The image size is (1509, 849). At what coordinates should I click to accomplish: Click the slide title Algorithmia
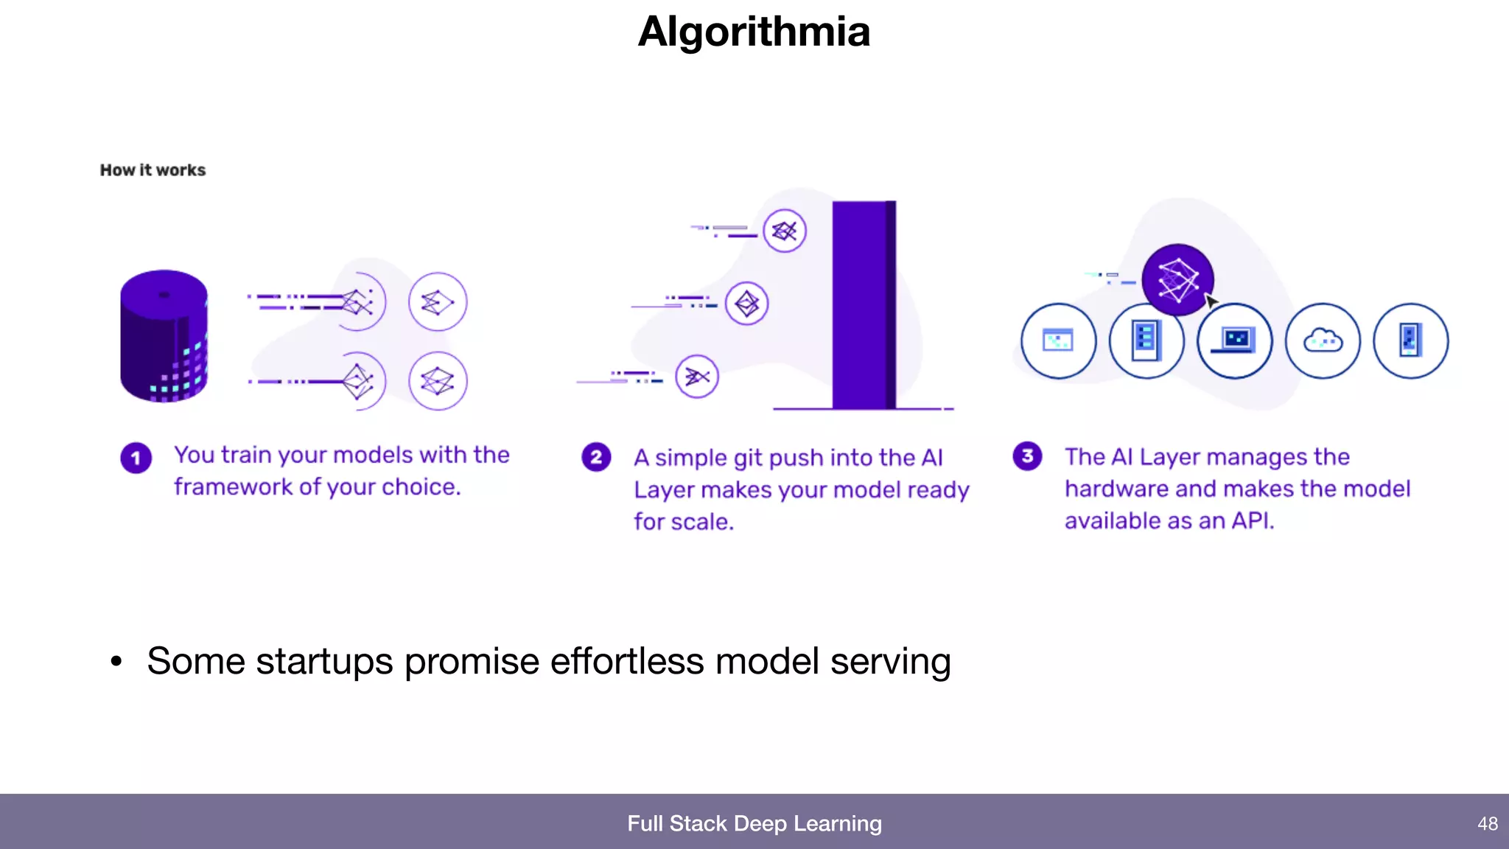tap(754, 32)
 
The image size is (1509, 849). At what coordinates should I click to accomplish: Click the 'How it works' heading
tap(153, 170)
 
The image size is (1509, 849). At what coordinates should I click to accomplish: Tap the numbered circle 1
tap(136, 458)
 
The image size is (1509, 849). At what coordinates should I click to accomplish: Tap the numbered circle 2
tap(596, 457)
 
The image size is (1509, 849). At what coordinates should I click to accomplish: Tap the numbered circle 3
tap(1027, 456)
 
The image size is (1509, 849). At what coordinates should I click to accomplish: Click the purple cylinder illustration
tap(164, 336)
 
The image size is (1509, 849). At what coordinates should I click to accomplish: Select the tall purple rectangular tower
tap(864, 304)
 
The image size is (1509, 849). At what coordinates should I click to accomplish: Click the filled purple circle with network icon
tap(1177, 279)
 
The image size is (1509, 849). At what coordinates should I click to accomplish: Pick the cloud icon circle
tap(1323, 340)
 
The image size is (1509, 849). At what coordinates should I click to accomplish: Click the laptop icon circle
tap(1234, 340)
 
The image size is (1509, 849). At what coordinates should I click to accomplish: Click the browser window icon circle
tap(1058, 340)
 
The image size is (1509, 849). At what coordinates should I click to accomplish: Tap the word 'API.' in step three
tap(1253, 521)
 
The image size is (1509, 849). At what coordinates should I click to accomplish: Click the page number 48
tap(1487, 823)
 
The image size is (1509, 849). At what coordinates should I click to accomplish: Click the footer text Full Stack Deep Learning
tap(754, 823)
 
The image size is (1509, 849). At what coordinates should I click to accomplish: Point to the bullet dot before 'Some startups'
tap(116, 661)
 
